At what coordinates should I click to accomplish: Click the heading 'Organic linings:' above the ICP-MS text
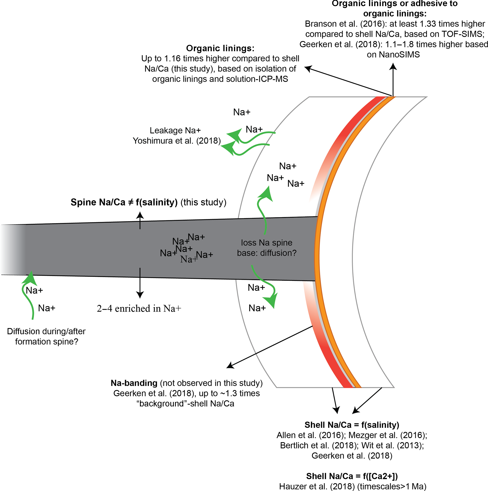pos(220,48)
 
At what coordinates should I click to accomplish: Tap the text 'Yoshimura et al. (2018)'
pos(177,140)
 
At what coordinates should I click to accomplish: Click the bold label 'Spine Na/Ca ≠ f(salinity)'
pos(124,202)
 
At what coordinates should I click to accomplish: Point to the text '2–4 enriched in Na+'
pos(139,309)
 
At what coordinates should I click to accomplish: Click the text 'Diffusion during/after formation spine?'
pos(46,336)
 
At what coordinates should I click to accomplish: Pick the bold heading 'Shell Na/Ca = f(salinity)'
pos(352,425)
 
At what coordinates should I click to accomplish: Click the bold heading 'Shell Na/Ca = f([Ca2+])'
pos(352,476)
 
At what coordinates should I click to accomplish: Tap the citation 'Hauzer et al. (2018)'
pos(317,487)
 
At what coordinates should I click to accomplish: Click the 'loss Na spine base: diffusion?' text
pos(267,248)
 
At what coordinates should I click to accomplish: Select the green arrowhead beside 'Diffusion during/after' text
pos(31,278)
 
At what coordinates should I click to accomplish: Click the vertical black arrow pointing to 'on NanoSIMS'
pos(393,79)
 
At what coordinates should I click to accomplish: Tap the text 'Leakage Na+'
pos(175,130)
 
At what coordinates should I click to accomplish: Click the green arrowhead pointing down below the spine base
pos(272,301)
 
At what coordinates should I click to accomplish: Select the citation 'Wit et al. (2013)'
pos(392,445)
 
